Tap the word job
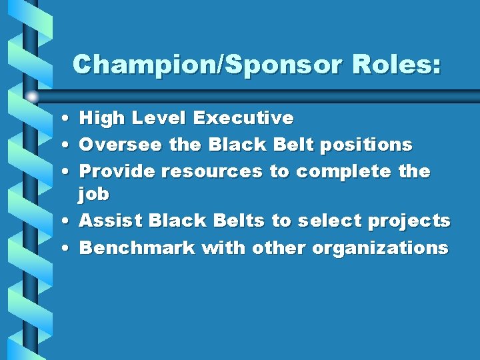[x=94, y=195]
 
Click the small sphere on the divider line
[x=31, y=97]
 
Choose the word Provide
[x=117, y=171]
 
